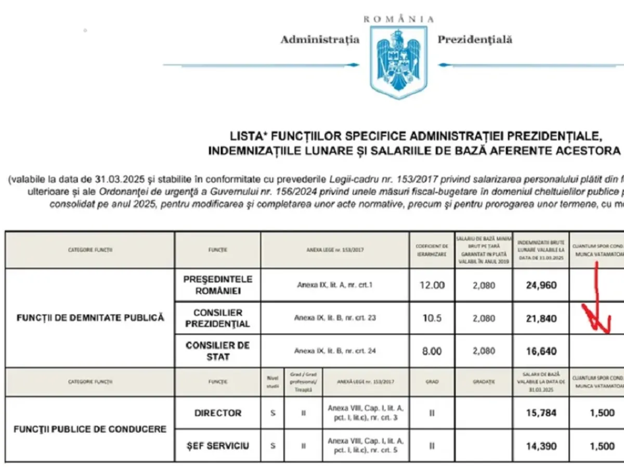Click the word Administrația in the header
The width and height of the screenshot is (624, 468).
(x=320, y=40)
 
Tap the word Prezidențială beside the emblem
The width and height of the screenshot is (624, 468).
(x=475, y=40)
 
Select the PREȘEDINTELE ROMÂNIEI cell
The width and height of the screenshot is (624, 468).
(x=218, y=285)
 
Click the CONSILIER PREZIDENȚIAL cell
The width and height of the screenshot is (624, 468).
(x=218, y=318)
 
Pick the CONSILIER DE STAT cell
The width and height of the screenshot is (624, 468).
(x=218, y=351)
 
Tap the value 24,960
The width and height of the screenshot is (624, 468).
(x=541, y=285)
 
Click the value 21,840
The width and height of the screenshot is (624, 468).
(x=541, y=318)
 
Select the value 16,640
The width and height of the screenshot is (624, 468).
(x=541, y=351)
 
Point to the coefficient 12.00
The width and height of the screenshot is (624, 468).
(x=431, y=285)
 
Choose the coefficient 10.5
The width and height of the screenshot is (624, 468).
(x=431, y=318)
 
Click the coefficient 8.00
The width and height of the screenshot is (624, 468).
(x=431, y=351)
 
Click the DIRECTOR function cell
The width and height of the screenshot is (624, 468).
(x=218, y=413)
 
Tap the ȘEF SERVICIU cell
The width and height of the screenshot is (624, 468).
(x=218, y=446)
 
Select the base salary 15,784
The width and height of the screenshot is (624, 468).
(x=541, y=413)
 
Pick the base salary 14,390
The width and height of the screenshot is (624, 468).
(x=541, y=446)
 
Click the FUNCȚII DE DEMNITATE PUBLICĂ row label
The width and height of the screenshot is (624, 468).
(x=89, y=317)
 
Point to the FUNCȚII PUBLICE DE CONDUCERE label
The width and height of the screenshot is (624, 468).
(x=89, y=429)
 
